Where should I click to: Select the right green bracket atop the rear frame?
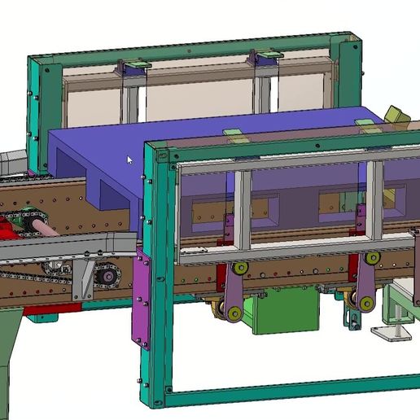(x=266, y=56)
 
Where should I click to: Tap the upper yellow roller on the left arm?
(x=240, y=269)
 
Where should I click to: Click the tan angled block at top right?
(x=396, y=116)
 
